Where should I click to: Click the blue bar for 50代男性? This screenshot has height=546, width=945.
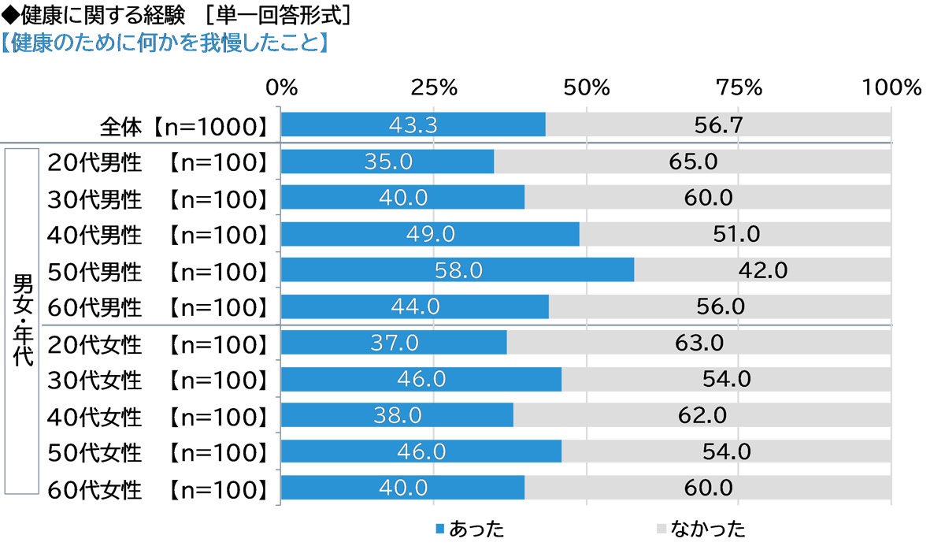click(457, 270)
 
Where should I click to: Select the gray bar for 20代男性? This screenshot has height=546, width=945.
click(693, 162)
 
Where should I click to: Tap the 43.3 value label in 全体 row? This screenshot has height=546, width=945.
click(413, 124)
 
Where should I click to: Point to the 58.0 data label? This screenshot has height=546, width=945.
click(458, 270)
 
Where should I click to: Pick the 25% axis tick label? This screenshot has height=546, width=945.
click(433, 87)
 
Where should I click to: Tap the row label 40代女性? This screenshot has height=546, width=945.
click(94, 415)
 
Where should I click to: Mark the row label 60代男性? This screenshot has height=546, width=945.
click(94, 306)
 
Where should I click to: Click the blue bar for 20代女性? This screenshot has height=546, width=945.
click(394, 343)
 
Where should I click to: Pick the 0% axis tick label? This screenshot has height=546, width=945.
click(281, 87)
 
